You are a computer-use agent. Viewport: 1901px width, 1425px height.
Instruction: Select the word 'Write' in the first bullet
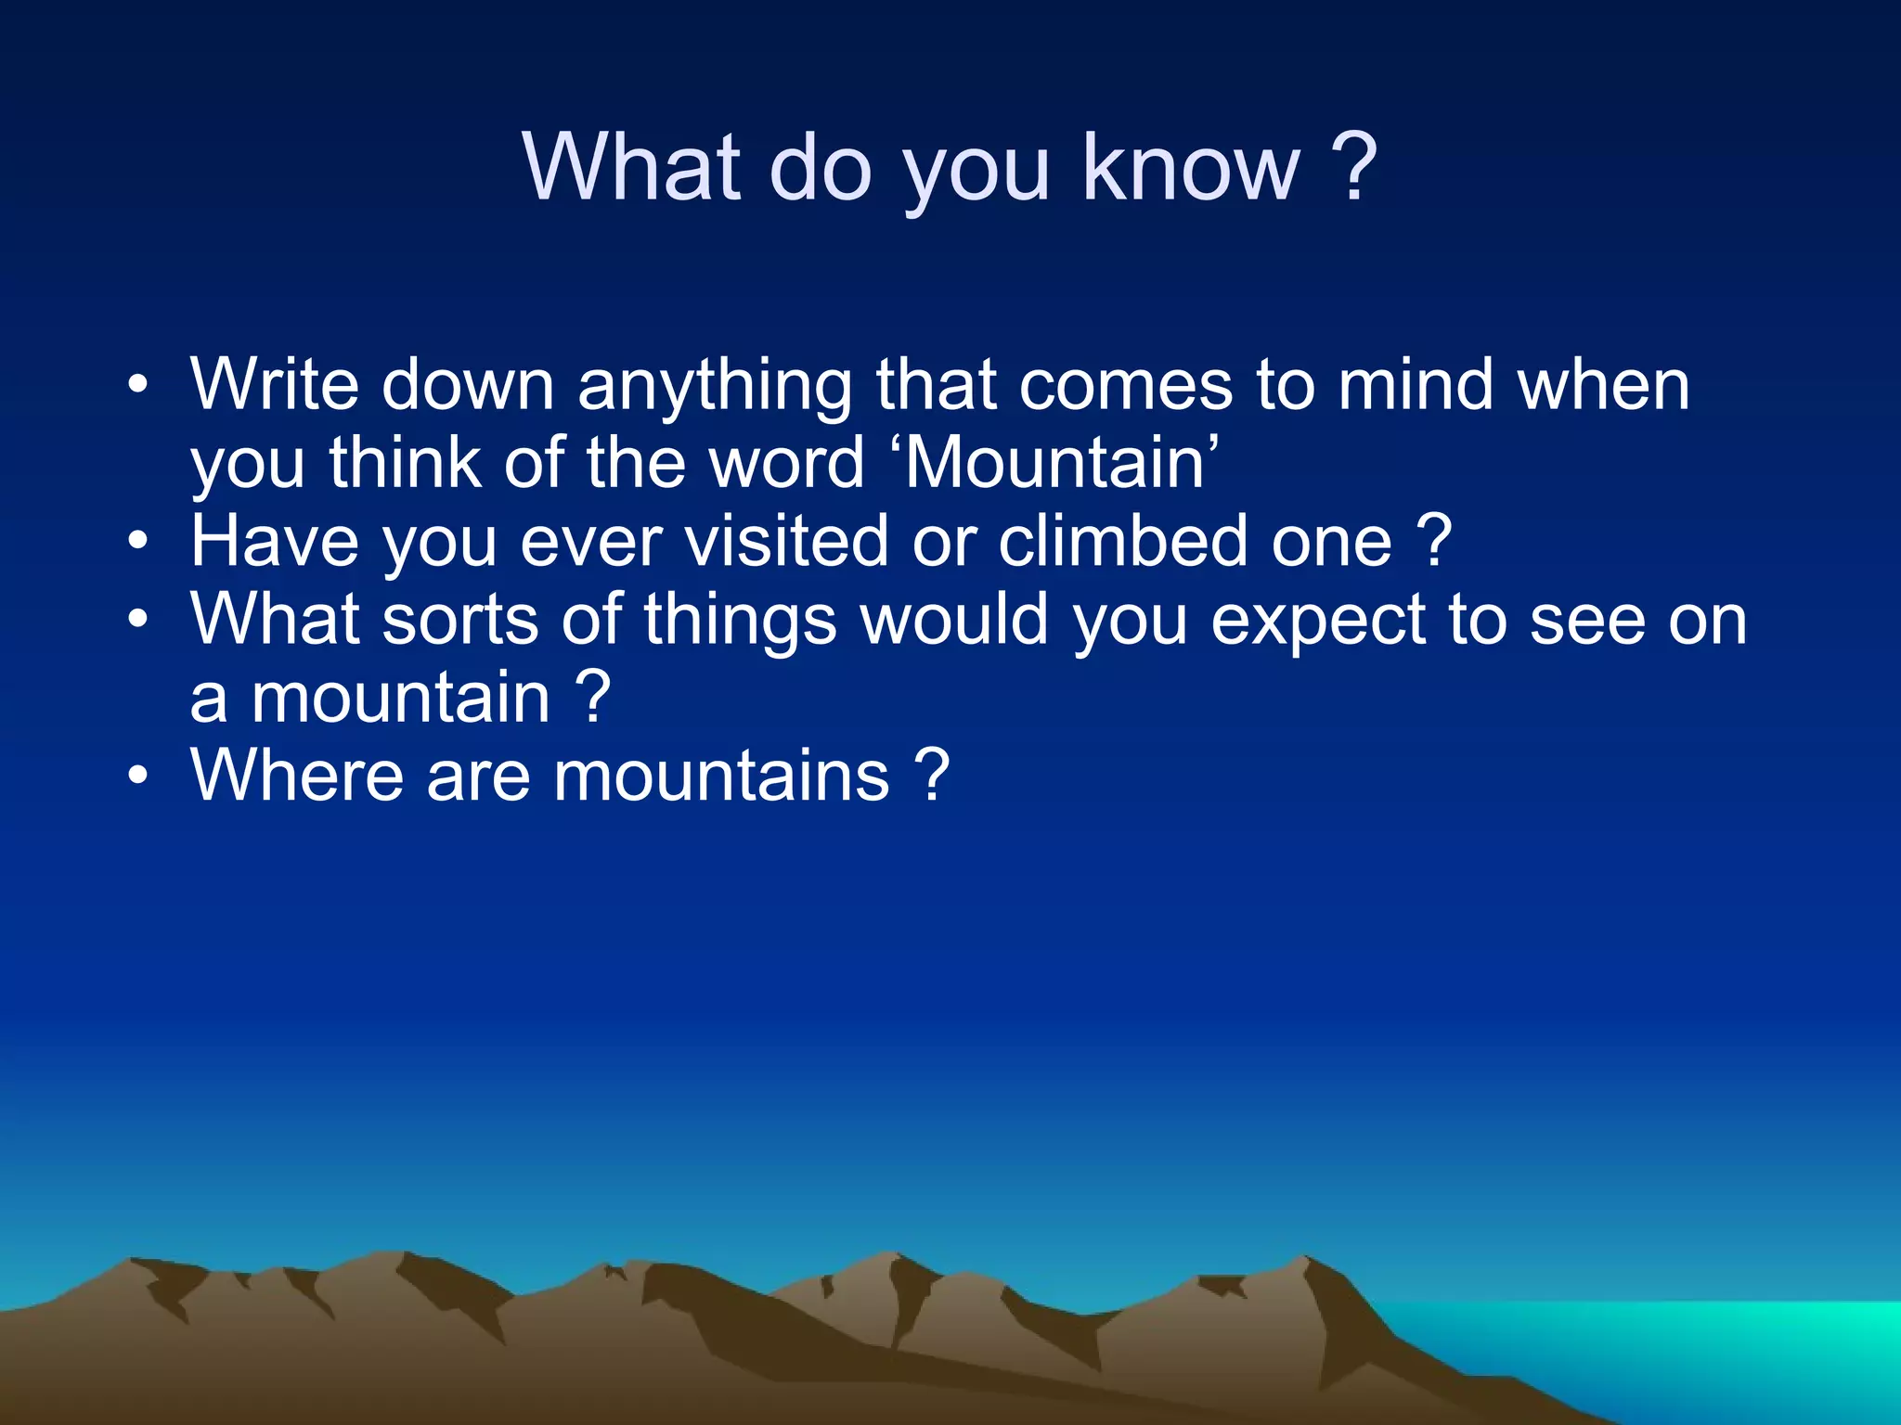[x=275, y=384]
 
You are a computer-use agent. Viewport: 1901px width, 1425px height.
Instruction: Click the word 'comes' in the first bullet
[x=1126, y=386]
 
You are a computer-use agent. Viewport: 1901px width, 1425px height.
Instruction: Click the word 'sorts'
[x=460, y=620]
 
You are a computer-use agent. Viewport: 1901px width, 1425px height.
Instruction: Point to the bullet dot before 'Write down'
[x=138, y=384]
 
